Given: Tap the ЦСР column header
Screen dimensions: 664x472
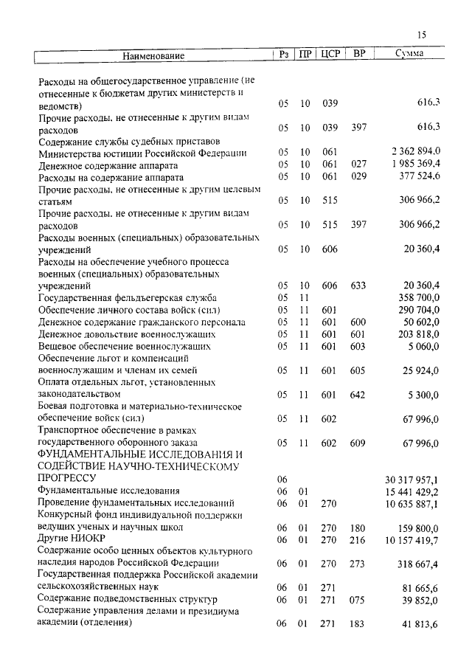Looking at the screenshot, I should coord(330,55).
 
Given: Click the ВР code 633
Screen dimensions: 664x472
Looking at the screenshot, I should coord(359,286).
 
